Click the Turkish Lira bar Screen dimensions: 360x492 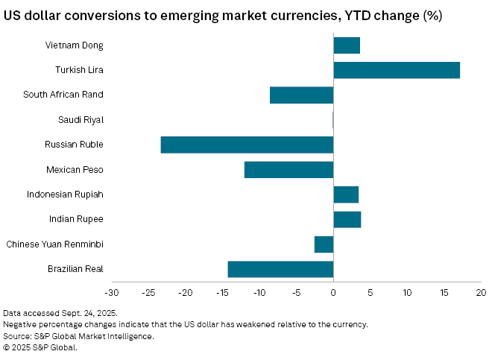(397, 70)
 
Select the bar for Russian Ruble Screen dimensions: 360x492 (247, 145)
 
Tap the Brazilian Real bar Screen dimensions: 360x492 (280, 269)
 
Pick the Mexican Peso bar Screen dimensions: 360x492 (288, 169)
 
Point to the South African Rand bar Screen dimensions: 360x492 (301, 95)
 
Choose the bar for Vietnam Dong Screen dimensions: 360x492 (347, 45)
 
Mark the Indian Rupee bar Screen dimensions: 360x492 (347, 219)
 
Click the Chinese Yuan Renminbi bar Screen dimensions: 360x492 (324, 244)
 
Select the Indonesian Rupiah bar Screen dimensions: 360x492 (346, 195)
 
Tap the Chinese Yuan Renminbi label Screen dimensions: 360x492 (54, 244)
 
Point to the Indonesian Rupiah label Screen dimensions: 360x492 (65, 195)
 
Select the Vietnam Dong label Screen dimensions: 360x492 (74, 45)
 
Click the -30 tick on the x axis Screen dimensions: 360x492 (112, 291)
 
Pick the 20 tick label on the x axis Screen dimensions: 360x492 (481, 291)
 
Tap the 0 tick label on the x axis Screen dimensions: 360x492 (333, 291)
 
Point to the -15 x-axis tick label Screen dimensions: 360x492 (222, 291)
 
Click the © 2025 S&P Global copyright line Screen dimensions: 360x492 (40, 347)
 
